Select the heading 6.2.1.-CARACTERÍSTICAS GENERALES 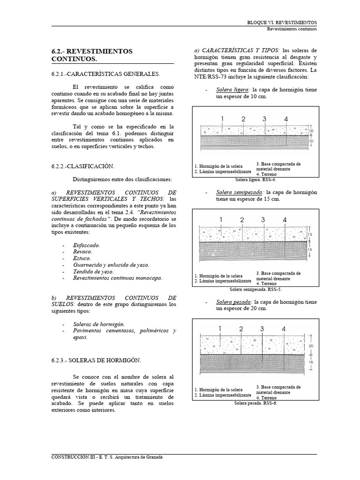point(105,74)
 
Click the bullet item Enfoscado point(87,245)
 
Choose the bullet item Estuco point(82,258)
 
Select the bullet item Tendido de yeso point(93,271)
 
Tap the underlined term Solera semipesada point(240,192)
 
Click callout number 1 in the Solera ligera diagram point(223,119)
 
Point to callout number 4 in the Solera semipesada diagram point(285,219)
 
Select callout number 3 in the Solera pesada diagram point(262,329)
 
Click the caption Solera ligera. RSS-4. point(255,180)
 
